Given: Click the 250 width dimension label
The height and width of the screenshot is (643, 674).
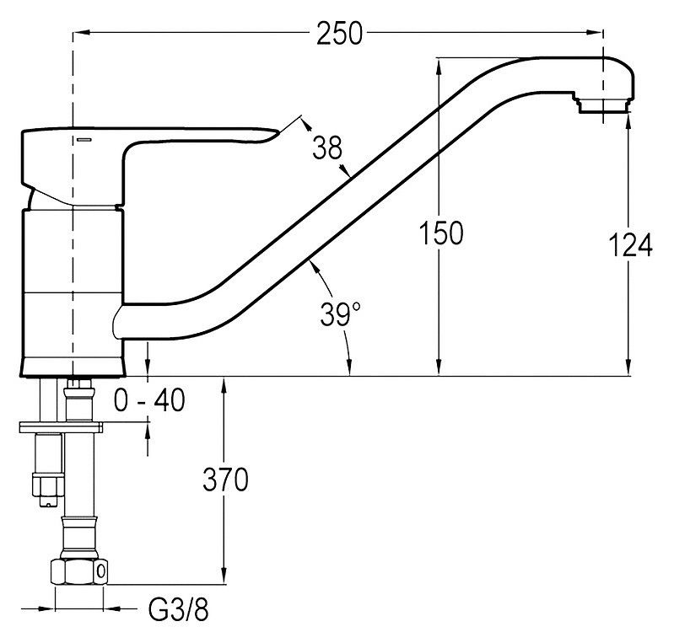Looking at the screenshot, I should (339, 34).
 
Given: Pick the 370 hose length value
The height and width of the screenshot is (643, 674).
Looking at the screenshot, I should (225, 480).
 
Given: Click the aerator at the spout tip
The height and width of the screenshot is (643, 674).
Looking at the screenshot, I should (601, 104).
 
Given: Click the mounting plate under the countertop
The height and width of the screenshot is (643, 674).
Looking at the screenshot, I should (59, 426).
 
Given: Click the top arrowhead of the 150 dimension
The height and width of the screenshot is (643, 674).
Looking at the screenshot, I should (439, 63).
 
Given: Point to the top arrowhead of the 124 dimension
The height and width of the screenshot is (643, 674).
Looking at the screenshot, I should (629, 121).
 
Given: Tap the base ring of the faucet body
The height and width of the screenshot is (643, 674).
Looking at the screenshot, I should (73, 366).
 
